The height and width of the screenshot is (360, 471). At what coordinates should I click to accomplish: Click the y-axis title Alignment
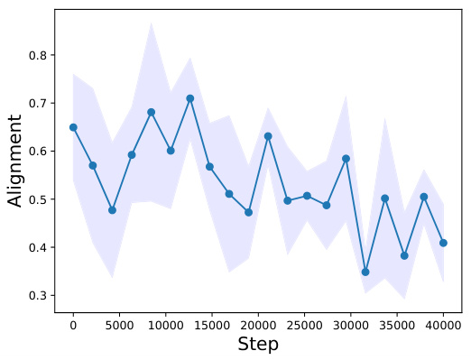click(x=15, y=162)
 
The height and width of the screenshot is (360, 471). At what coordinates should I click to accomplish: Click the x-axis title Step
click(x=257, y=344)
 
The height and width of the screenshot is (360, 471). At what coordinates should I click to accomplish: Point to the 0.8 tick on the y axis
click(x=37, y=55)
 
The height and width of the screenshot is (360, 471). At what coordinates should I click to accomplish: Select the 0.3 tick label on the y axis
click(x=37, y=296)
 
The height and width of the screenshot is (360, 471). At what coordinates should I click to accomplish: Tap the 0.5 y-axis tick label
click(x=37, y=199)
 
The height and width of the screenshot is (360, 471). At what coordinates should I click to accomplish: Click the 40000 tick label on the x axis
click(x=443, y=323)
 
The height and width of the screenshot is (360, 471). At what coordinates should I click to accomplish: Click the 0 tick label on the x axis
click(x=73, y=323)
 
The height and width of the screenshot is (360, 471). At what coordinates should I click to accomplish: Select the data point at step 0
click(x=73, y=127)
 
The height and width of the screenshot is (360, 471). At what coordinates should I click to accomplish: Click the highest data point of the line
click(x=190, y=98)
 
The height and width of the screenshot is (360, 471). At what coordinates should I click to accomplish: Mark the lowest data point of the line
click(x=365, y=272)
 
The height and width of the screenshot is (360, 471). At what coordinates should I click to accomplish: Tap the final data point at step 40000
click(x=443, y=243)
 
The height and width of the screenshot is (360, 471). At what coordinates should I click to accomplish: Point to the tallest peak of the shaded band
click(x=151, y=23)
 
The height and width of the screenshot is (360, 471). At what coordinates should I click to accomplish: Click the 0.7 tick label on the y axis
click(x=37, y=103)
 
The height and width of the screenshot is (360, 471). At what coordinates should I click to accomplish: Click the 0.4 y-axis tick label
click(x=37, y=247)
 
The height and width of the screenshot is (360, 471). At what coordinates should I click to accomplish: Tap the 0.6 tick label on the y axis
click(x=37, y=152)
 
